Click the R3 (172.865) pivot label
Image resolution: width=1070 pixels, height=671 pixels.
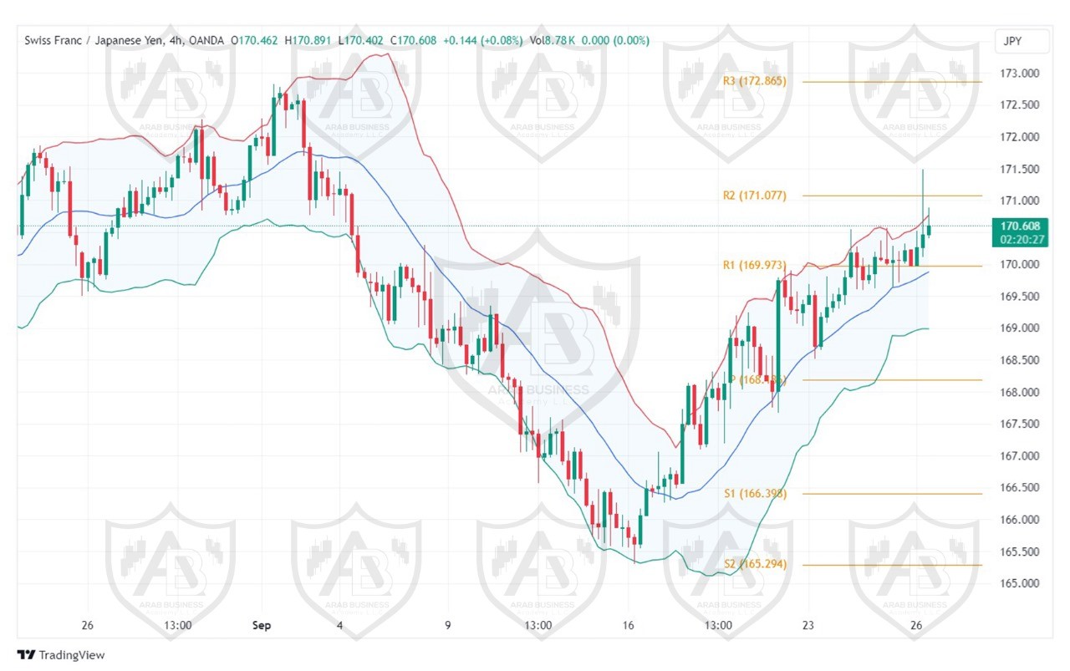click(x=754, y=81)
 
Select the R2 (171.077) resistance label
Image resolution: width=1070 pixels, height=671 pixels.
click(x=754, y=196)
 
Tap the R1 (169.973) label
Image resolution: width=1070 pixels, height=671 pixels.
click(x=754, y=266)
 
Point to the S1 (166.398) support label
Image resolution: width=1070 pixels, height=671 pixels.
click(x=755, y=494)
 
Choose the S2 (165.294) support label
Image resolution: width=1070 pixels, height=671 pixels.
click(x=755, y=565)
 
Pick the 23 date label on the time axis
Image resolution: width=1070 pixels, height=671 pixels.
click(x=808, y=625)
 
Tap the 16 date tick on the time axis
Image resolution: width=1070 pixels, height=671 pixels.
click(x=629, y=625)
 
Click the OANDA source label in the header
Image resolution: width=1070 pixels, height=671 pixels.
click(x=208, y=40)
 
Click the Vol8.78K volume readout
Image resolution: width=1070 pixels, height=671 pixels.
click(x=548, y=40)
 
